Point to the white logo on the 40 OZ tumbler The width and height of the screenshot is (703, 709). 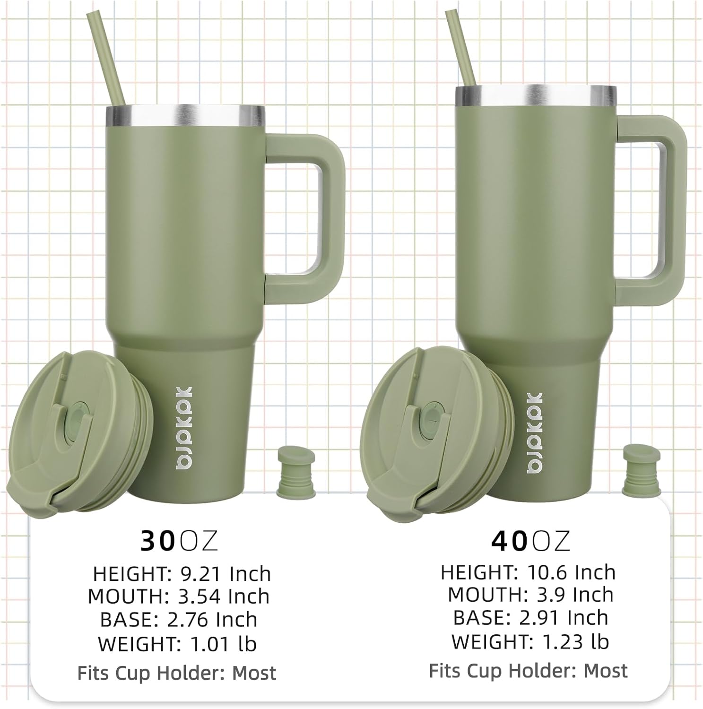pyautogui.click(x=535, y=433)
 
